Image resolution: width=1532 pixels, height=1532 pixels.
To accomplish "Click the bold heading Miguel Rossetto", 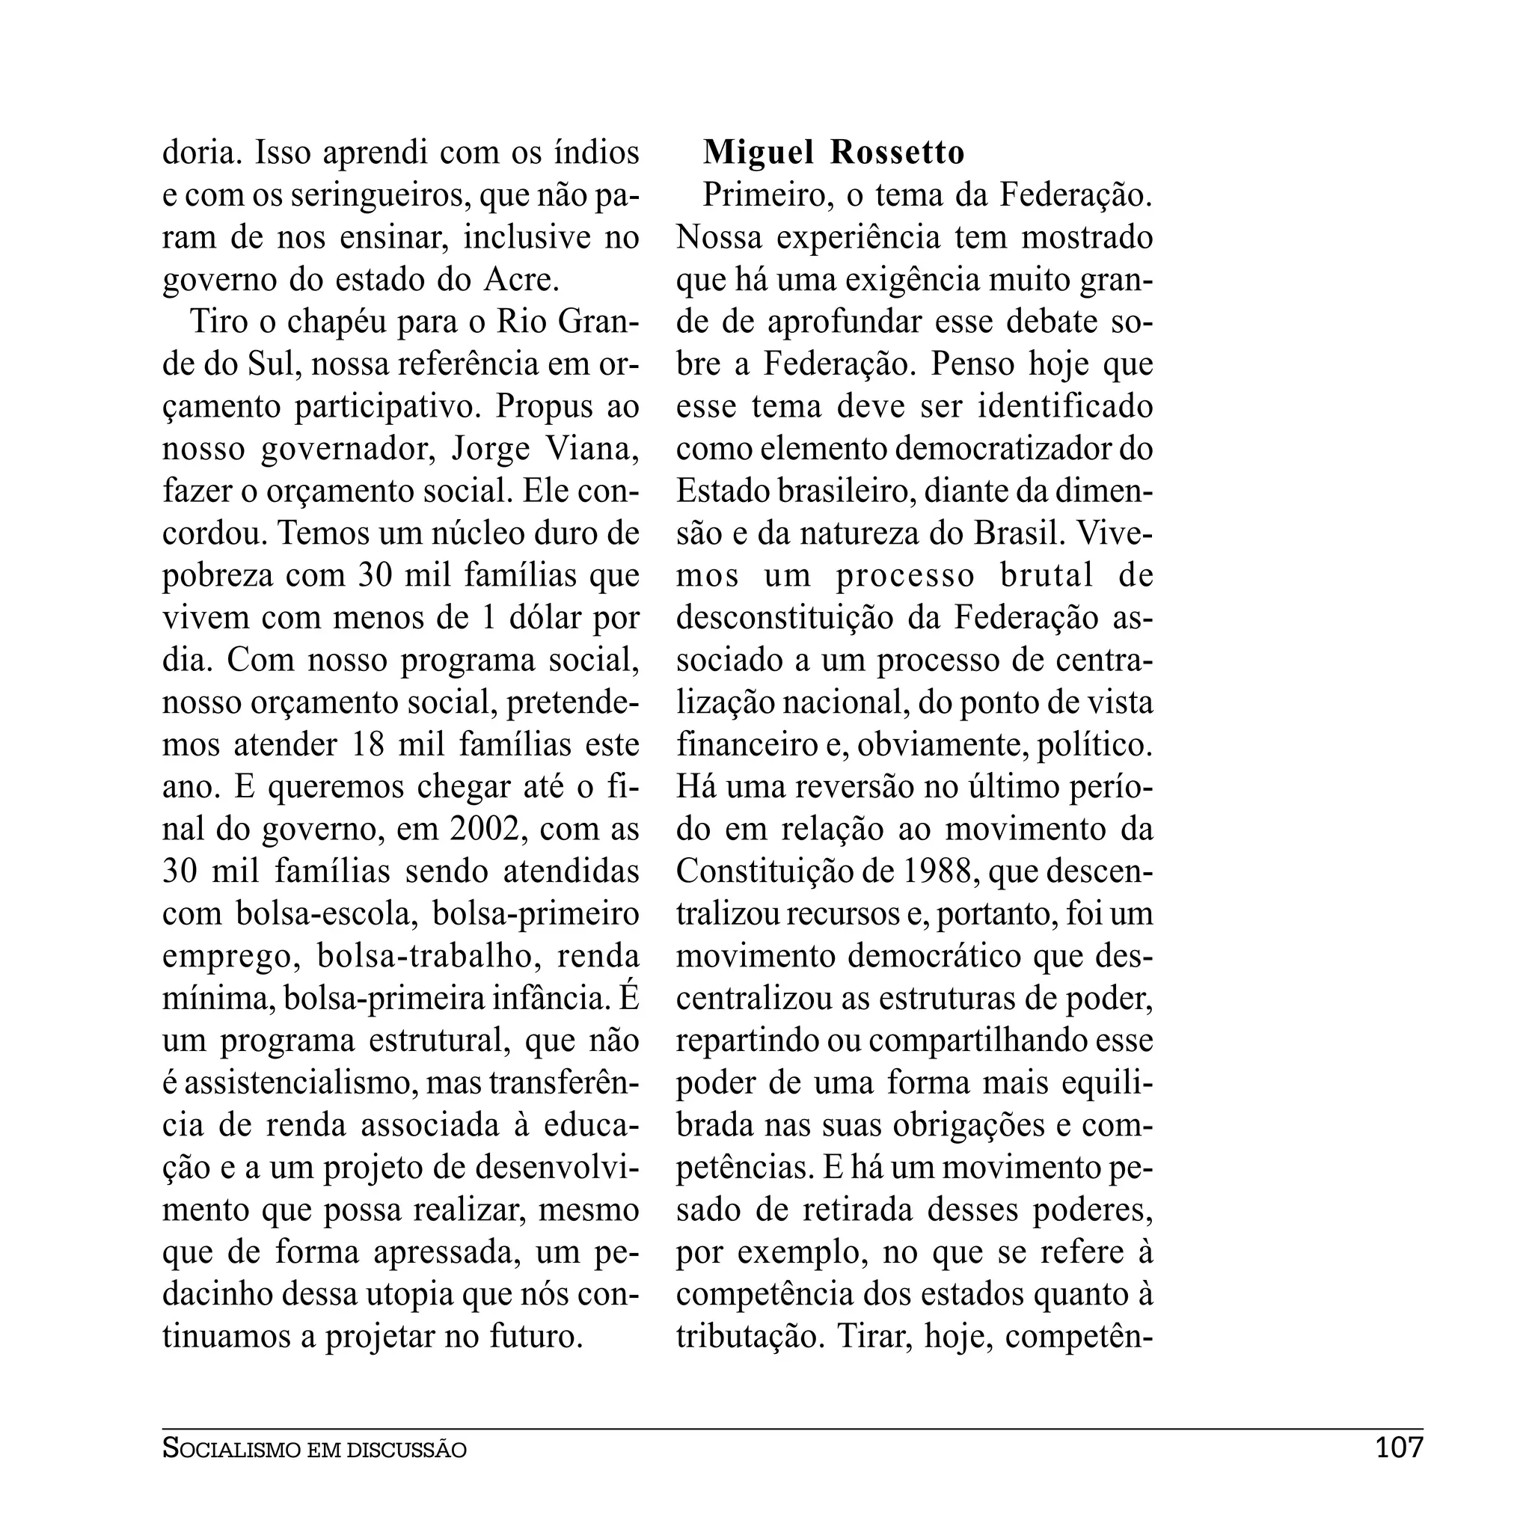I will [x=833, y=153].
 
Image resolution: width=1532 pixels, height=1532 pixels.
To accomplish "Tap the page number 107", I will [x=1399, y=1448].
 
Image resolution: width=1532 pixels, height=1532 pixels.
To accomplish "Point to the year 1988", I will [x=937, y=871].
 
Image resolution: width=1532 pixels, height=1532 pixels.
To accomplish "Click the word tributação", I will [x=746, y=1337].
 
